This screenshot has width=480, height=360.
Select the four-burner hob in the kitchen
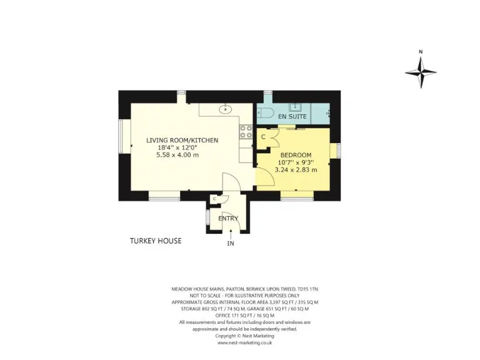(245, 132)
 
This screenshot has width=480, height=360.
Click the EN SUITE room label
(292, 117)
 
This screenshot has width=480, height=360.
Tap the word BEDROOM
(296, 154)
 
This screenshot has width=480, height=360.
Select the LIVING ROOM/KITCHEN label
(182, 141)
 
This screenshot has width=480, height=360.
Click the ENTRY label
(228, 218)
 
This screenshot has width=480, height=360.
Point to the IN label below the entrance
(230, 244)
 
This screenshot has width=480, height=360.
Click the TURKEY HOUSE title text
(156, 241)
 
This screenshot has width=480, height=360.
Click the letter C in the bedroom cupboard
(263, 136)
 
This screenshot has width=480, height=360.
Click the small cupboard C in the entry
(214, 199)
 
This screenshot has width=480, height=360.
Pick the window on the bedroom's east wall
(338, 151)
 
